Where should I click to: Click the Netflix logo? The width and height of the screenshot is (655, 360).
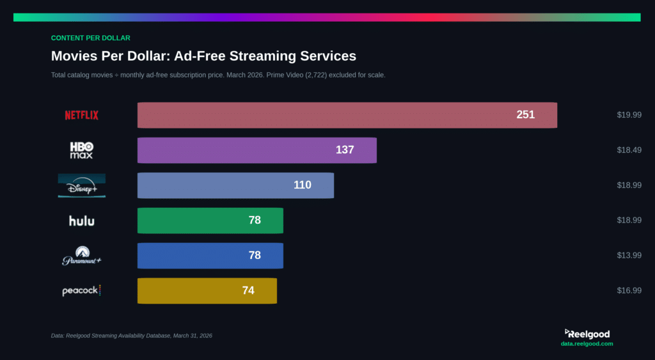coord(81,115)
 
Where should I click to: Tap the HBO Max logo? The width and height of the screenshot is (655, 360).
coord(81,150)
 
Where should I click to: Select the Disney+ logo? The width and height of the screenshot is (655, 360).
coord(81,185)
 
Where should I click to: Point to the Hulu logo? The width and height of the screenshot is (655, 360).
coord(81,221)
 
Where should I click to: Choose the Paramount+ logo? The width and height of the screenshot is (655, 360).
coord(81,255)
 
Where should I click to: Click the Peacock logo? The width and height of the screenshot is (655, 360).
coord(81,290)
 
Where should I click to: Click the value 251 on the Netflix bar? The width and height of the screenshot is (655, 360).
coord(525,115)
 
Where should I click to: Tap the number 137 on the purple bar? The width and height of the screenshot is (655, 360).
coord(345,150)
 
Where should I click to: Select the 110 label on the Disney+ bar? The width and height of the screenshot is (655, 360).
coord(302,185)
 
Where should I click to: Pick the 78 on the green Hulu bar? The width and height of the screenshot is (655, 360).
coord(255,220)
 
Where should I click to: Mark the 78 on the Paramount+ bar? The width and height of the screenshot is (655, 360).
coord(255,255)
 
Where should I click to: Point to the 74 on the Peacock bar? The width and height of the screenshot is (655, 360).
coord(248,290)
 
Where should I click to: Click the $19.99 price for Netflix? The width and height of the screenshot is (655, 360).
coord(629,115)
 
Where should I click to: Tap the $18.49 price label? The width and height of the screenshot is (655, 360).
coord(629,150)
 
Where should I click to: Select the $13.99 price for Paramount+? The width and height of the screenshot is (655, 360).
coord(629,255)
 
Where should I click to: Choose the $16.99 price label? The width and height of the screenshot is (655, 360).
coord(629,290)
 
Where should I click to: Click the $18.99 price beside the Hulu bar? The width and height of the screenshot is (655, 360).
coord(629,220)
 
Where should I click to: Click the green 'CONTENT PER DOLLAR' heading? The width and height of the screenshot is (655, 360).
coord(90,38)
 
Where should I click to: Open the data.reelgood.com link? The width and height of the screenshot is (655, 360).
coord(587,344)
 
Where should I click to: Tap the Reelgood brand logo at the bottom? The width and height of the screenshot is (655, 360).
coord(587,334)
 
